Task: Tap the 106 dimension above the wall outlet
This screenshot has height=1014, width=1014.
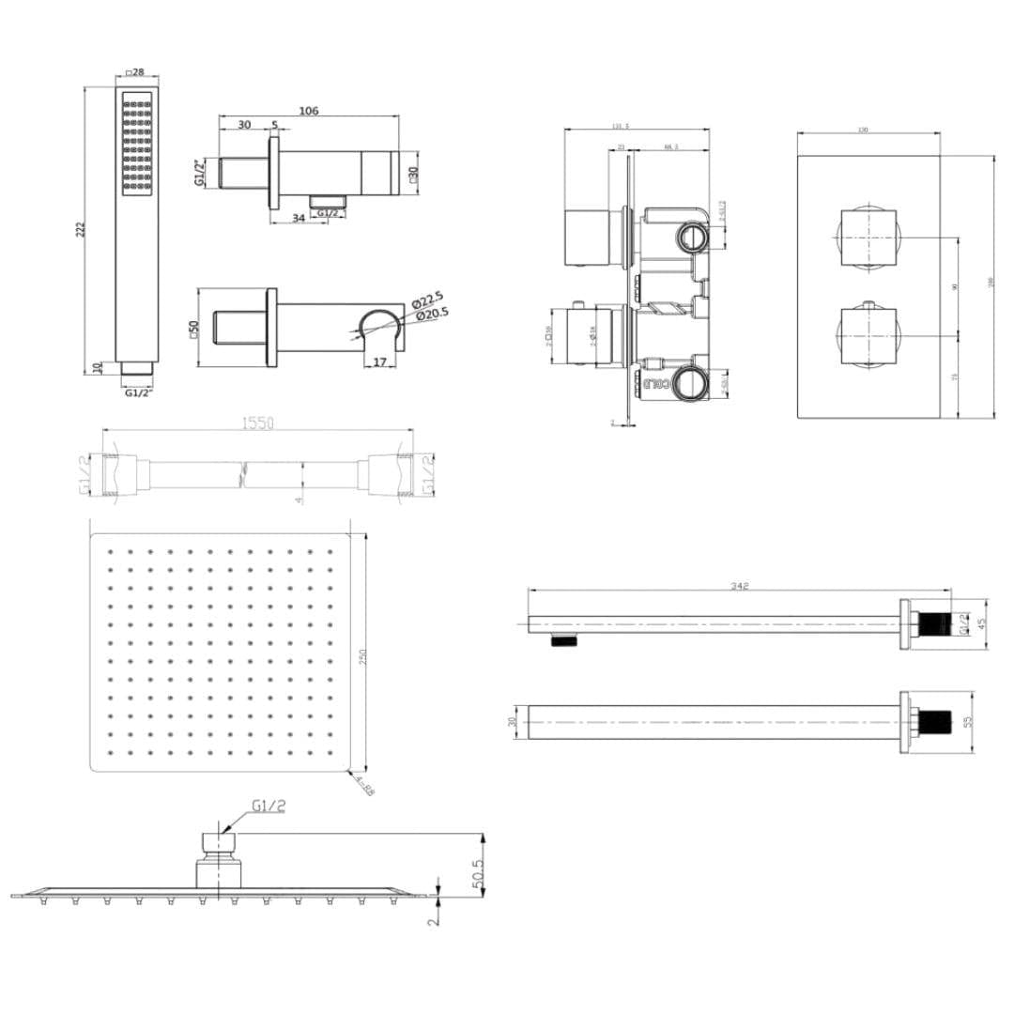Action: click(x=308, y=111)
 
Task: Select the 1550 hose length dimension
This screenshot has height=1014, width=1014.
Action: click(x=258, y=423)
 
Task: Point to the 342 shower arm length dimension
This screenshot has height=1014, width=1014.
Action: click(x=739, y=587)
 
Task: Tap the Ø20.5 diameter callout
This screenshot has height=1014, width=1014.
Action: click(x=429, y=313)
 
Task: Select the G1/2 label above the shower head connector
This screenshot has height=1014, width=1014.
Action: click(x=269, y=806)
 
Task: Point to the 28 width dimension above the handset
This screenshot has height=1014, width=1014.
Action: click(x=136, y=73)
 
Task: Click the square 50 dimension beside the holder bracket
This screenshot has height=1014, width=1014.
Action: click(x=194, y=329)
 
